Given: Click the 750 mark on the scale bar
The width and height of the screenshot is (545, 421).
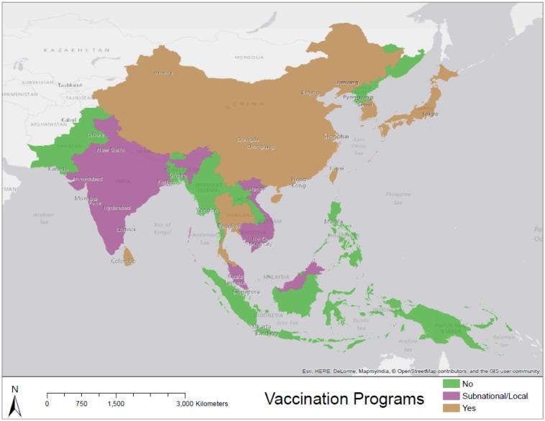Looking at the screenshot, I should [81, 404].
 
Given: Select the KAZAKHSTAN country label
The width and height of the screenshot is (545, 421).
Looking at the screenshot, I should [77, 50].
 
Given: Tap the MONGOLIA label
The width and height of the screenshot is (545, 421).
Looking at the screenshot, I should [249, 57].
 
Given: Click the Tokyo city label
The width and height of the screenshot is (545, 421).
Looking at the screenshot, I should [431, 114].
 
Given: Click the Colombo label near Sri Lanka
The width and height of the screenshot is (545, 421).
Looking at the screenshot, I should [122, 261].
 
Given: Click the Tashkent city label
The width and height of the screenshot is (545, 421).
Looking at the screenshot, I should [70, 85].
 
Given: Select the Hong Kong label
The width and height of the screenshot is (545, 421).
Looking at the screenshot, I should [298, 182].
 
